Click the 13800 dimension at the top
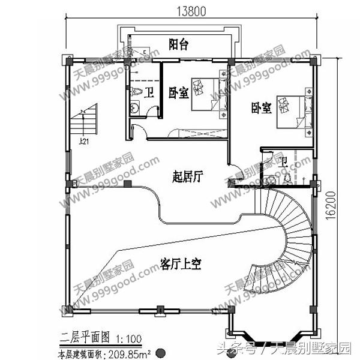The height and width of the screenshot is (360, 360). point(189,10)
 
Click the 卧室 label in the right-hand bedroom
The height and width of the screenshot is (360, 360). point(261,108)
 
